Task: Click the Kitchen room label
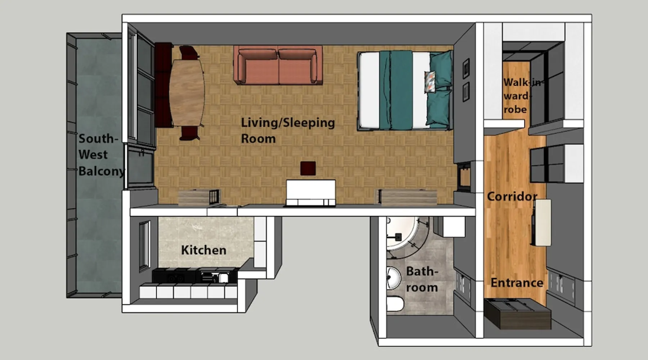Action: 203,250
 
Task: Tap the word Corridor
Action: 512,197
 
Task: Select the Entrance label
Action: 517,283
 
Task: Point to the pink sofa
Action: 278,65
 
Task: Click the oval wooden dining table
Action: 187,92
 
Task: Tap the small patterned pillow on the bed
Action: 430,82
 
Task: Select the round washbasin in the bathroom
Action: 393,278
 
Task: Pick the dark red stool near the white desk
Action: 308,168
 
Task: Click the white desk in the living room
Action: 311,193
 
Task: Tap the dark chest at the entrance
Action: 517,314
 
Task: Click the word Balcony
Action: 102,171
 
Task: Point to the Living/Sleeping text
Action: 288,123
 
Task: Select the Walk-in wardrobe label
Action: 518,96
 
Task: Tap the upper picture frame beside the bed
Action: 466,68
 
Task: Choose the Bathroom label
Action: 422,279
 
